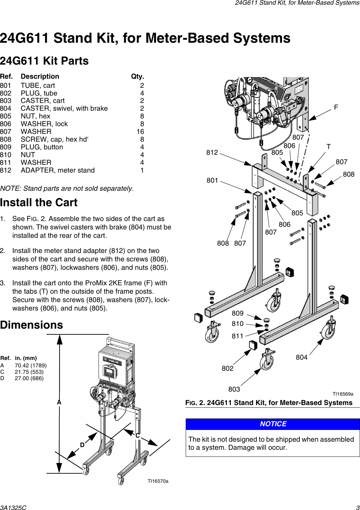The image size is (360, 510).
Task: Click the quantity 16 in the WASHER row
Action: (x=140, y=132)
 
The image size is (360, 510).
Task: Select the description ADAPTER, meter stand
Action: (x=58, y=170)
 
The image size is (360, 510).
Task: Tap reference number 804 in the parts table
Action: (x=6, y=108)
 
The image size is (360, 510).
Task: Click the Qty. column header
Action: (x=137, y=76)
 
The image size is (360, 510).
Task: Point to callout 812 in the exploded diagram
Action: (x=212, y=152)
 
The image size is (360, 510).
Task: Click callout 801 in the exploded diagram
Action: (x=212, y=180)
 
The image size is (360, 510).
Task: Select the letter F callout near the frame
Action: (x=336, y=107)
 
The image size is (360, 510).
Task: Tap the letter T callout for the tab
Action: (x=328, y=147)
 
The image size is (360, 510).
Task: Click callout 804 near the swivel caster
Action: (x=301, y=357)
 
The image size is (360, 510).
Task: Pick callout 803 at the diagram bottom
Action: (x=234, y=389)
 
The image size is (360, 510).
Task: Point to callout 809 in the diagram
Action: (x=238, y=313)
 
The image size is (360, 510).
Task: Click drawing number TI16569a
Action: (x=343, y=394)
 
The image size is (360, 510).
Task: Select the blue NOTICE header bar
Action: (x=273, y=424)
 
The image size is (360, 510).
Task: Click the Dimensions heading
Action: (x=32, y=325)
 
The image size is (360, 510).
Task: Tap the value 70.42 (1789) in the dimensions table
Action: (x=31, y=365)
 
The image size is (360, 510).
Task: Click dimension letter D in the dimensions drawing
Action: (x=82, y=445)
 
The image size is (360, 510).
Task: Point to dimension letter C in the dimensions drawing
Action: (x=137, y=436)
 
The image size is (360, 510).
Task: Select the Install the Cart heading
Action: (x=39, y=203)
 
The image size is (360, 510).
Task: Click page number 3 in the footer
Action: (x=358, y=508)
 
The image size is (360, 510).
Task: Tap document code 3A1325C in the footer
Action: (x=13, y=508)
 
